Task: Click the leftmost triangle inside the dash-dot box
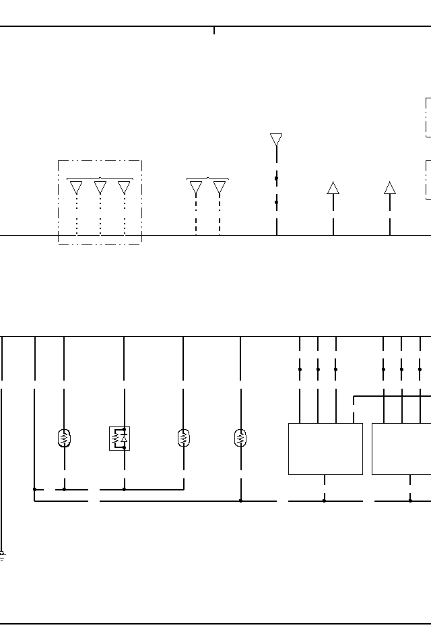(77, 187)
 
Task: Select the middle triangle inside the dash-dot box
(100, 187)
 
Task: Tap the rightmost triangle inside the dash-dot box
(124, 187)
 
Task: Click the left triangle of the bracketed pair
(196, 188)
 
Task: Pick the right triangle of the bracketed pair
(220, 188)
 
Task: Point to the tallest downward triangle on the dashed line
(276, 139)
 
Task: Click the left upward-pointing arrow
(333, 187)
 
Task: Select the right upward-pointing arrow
(390, 187)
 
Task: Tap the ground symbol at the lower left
(2, 556)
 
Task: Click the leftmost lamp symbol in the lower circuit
(65, 438)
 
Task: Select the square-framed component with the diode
(120, 439)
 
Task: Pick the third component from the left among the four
(183, 438)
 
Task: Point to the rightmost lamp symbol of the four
(240, 438)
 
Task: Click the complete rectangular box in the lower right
(325, 449)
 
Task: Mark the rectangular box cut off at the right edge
(401, 449)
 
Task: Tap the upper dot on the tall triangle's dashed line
(276, 179)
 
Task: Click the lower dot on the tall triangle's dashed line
(276, 202)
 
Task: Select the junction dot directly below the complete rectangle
(325, 501)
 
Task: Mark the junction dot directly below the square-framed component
(124, 489)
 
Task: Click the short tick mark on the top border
(214, 30)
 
